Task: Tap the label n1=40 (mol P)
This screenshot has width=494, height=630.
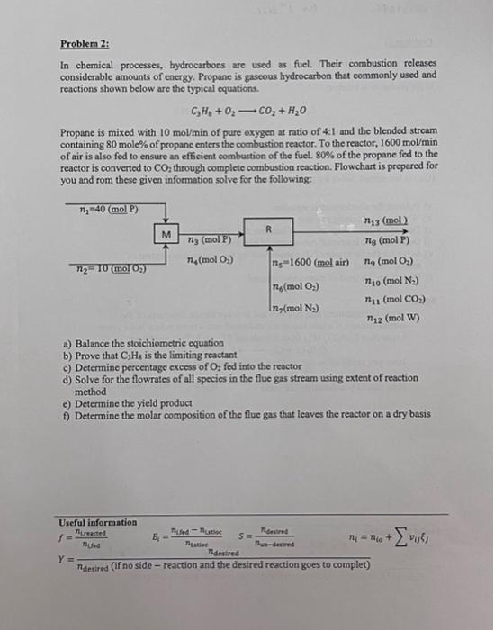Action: click(107, 211)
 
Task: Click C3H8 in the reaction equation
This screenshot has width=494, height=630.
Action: click(202, 111)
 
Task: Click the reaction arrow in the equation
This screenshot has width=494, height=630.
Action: click(241, 111)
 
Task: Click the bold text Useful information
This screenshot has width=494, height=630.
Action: click(98, 522)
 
